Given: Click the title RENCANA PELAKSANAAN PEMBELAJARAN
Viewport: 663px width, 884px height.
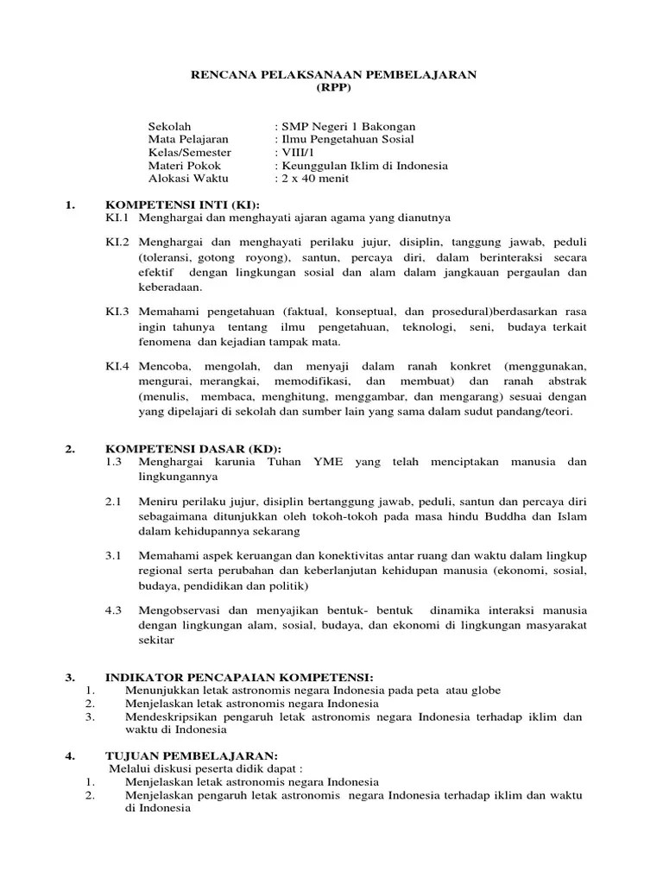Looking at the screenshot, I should click(333, 75).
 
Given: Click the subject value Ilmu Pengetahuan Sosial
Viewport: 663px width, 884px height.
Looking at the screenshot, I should click(344, 139).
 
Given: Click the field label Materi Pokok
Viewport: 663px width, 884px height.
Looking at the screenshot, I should click(185, 165).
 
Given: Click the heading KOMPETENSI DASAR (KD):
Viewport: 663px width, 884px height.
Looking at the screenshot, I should click(189, 450).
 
